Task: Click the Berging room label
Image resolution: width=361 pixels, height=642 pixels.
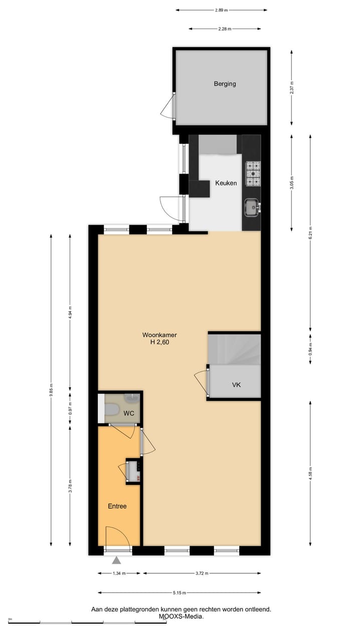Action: [x=225, y=84]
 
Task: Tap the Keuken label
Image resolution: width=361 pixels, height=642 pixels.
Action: [x=226, y=183]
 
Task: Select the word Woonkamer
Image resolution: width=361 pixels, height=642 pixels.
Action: [x=159, y=335]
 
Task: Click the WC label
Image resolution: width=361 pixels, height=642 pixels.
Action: [x=129, y=413]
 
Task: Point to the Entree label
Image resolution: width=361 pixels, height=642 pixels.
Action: [x=117, y=506]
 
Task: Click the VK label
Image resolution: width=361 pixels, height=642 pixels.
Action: [x=237, y=385]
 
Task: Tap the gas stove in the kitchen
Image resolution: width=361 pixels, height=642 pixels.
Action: [x=252, y=173]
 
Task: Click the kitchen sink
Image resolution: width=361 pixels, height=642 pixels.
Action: [x=252, y=206]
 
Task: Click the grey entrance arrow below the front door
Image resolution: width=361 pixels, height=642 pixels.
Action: [x=117, y=560]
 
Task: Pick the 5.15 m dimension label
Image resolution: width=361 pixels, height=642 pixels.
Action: [x=179, y=593]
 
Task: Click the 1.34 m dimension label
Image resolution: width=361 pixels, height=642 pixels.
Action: [x=119, y=573]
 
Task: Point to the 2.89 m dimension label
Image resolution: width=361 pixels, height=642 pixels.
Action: [x=221, y=10]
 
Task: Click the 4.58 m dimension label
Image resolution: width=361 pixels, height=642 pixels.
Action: [x=310, y=474]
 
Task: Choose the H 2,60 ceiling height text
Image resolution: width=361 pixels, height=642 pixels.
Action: [x=159, y=343]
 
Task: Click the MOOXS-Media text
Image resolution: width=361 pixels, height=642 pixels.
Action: [x=181, y=616]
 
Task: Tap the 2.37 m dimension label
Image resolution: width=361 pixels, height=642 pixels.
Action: [x=292, y=87]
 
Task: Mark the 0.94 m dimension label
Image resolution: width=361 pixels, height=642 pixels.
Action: [x=310, y=349]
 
